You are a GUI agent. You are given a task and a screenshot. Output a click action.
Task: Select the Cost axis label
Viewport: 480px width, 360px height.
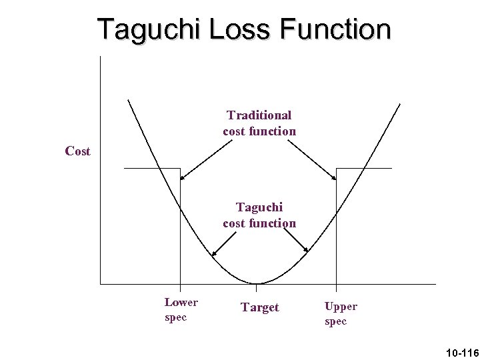pos(77,151)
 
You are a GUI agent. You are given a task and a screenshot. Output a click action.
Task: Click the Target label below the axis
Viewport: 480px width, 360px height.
pos(260,307)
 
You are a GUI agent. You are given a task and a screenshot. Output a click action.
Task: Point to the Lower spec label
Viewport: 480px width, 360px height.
pos(181,310)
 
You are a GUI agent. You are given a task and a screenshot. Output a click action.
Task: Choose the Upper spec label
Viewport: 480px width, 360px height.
pos(340,313)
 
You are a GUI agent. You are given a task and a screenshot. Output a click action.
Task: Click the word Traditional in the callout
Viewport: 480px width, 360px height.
pos(259,115)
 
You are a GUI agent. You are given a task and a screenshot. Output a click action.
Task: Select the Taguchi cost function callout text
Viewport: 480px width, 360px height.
pos(259,215)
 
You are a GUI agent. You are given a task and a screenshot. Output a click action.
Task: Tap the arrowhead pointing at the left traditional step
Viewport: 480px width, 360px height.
pos(182,178)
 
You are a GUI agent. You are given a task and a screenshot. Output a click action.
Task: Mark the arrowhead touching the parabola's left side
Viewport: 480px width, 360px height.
pos(213,254)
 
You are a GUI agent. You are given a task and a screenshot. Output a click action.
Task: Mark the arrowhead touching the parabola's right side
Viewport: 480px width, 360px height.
pos(307,251)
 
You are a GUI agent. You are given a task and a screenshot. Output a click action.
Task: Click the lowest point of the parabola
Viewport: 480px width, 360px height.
pos(257,283)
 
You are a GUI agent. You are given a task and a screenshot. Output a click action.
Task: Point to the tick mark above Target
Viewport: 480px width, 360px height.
pos(257,287)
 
